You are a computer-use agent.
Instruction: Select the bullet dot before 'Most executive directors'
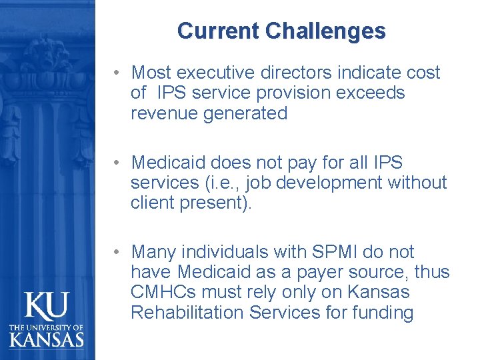116,72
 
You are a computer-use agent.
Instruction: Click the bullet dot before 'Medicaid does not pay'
116,163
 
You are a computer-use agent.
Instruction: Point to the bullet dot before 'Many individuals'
116,253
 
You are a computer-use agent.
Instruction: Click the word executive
220,72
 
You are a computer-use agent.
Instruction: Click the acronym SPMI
331,252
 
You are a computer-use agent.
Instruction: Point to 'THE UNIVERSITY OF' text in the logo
47,327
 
